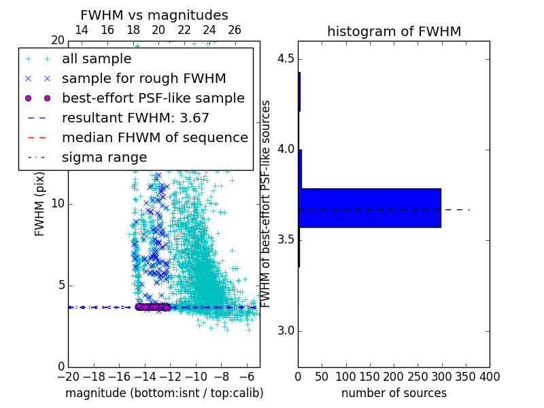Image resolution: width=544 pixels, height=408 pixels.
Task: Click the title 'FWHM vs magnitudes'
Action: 154,15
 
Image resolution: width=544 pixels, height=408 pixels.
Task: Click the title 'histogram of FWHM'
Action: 394,31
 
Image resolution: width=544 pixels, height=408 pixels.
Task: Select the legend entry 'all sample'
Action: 97,59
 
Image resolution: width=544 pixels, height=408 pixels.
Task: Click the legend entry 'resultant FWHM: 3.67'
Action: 135,118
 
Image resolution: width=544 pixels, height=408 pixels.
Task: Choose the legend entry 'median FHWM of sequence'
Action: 154,138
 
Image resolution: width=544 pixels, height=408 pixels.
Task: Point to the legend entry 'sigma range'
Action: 104,158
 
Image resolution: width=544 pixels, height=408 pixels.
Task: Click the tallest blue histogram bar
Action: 369,207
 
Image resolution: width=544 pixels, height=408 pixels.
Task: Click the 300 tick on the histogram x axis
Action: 441,377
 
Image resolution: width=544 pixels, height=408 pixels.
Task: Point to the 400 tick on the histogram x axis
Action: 489,377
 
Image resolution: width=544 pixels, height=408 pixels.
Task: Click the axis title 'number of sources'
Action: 394,393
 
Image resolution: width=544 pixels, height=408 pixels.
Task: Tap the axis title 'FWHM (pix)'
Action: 40,204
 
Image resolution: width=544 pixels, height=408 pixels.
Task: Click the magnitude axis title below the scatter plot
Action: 164,393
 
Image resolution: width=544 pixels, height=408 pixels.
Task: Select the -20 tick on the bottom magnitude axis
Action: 68,377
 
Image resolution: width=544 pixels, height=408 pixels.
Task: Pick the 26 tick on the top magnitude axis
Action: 235,30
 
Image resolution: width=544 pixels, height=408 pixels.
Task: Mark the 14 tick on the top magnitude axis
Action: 81,30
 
